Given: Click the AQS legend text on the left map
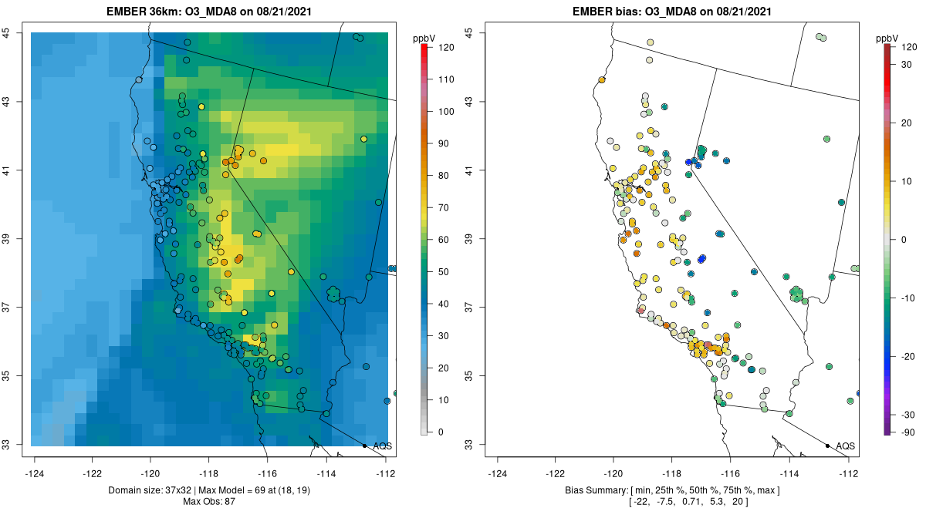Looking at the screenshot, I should click(x=382, y=446).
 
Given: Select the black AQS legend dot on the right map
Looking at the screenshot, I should click(x=827, y=446).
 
